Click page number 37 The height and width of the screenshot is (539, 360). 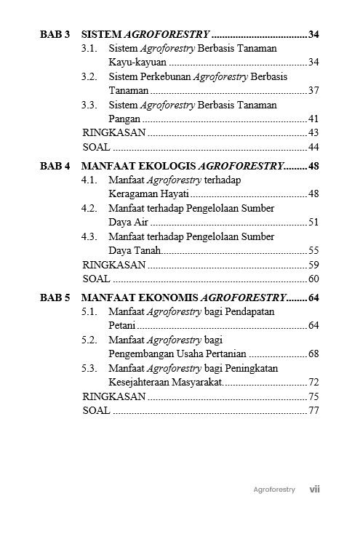point(314,91)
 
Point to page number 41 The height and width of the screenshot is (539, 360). point(314,119)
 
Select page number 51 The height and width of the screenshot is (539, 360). point(314,223)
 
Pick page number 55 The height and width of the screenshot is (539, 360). point(314,250)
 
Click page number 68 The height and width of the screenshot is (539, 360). point(314,354)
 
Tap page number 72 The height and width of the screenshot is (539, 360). point(314,382)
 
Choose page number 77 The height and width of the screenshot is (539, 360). point(314,410)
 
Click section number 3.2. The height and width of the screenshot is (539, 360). point(89,76)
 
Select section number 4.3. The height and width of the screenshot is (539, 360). point(89,236)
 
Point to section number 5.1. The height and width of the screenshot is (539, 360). point(89,311)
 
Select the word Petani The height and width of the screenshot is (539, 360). point(122,326)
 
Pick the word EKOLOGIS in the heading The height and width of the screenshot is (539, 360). point(170,166)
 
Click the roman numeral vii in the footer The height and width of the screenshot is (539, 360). point(314,490)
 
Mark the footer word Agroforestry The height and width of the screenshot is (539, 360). point(274,490)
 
